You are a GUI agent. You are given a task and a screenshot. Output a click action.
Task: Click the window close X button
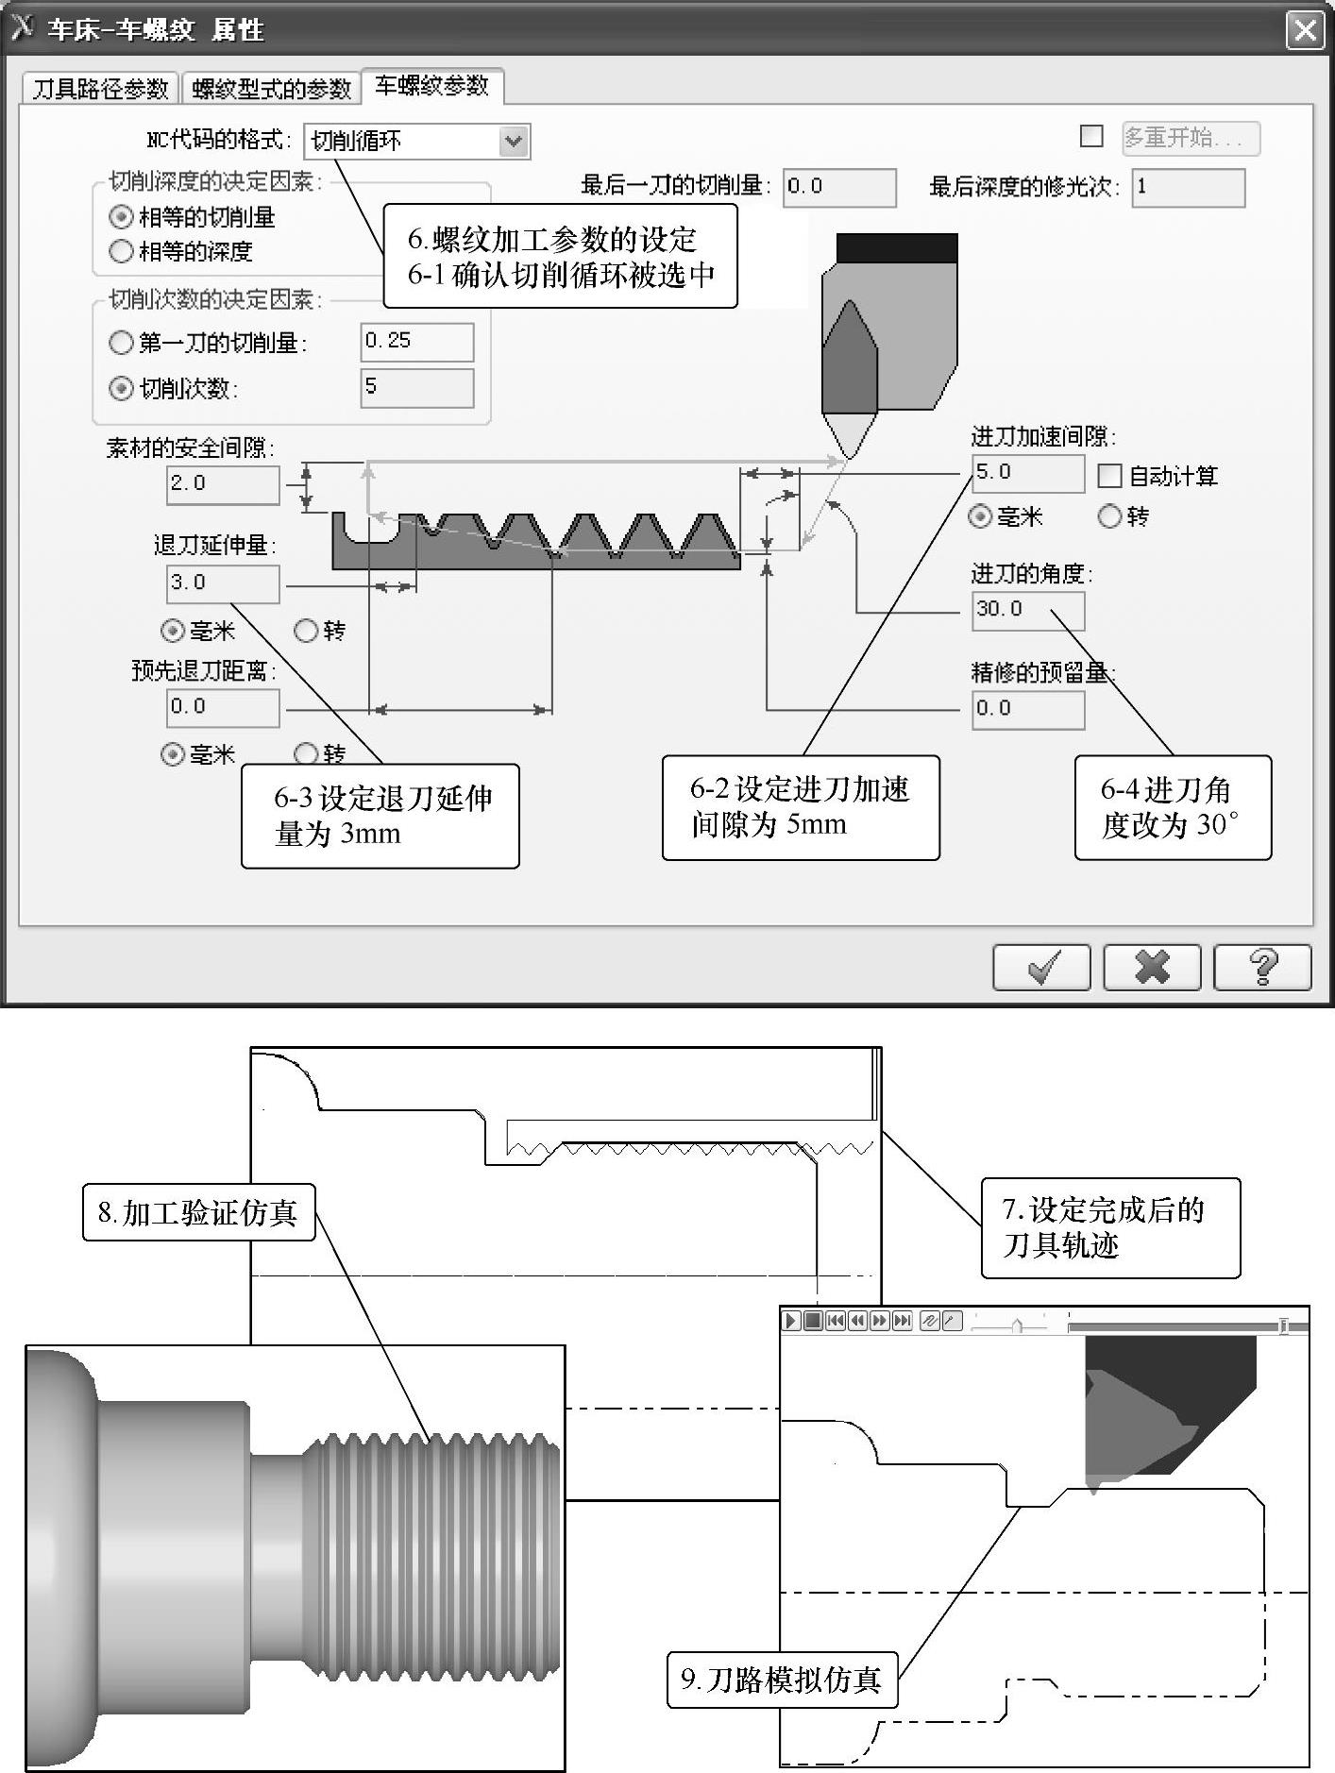1305,30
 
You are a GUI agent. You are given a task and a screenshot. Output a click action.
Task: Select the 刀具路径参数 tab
100,88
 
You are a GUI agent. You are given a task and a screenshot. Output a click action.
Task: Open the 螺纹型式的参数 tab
271,88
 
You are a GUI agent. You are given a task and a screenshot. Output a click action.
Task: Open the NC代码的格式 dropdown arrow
514,142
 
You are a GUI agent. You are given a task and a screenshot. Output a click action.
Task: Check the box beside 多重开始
1091,137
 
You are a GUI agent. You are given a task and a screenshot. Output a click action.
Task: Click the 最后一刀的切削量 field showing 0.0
839,187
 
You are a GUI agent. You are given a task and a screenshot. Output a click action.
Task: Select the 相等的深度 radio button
121,251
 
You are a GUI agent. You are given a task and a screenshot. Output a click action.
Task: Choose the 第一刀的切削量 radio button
121,342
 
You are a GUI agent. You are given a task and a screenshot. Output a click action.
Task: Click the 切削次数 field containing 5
416,387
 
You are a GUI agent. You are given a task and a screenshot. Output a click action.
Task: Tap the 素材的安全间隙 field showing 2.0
223,484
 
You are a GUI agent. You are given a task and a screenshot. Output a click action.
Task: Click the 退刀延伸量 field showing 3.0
223,583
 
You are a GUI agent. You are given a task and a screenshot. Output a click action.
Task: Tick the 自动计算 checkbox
1109,476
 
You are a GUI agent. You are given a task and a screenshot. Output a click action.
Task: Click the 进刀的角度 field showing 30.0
1028,610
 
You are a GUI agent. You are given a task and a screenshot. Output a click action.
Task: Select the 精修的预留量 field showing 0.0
1028,709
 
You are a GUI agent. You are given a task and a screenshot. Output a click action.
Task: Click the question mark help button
1262,967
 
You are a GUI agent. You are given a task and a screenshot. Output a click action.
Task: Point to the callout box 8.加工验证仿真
198,1211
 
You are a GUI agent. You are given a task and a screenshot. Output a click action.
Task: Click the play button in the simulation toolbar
791,1321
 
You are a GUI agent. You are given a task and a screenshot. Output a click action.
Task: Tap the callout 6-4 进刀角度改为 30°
1173,807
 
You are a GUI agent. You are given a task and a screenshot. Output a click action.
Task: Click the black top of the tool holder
897,248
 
